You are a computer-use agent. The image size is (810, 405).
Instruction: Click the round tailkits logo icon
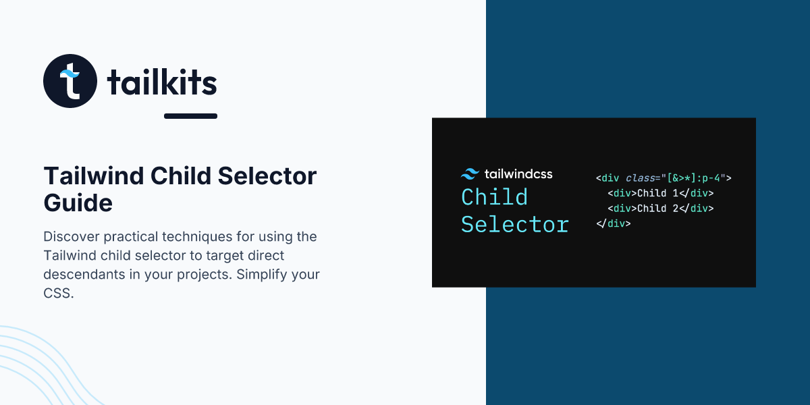[70, 81]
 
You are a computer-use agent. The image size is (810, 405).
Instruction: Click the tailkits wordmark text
[162, 82]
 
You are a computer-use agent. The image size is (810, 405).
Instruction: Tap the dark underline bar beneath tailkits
[190, 116]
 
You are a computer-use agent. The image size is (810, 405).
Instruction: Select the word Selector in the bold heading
[267, 176]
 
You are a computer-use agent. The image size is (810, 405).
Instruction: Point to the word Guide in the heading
[78, 202]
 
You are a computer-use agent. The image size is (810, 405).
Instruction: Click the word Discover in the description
[72, 237]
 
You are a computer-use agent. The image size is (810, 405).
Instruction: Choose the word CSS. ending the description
[59, 293]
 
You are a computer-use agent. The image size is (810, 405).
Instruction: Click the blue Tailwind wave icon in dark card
[470, 174]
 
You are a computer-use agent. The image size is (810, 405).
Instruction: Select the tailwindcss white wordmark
[518, 174]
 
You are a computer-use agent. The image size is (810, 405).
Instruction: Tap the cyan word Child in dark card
[494, 197]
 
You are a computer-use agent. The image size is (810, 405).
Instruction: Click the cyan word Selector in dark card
[515, 225]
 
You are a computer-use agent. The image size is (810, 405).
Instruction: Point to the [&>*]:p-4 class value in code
[694, 178]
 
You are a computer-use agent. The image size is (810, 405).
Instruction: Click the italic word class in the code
[640, 178]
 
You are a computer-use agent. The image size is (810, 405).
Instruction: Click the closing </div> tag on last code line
[614, 223]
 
